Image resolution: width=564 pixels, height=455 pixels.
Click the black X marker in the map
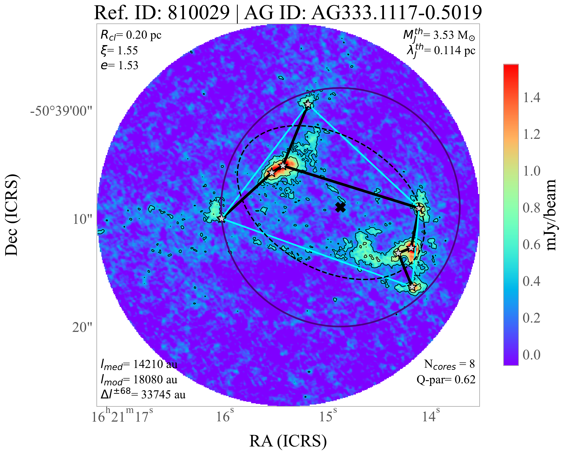click(x=340, y=207)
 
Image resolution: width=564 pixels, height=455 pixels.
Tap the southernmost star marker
click(x=412, y=287)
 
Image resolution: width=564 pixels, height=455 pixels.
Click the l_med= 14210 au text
click(x=139, y=365)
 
